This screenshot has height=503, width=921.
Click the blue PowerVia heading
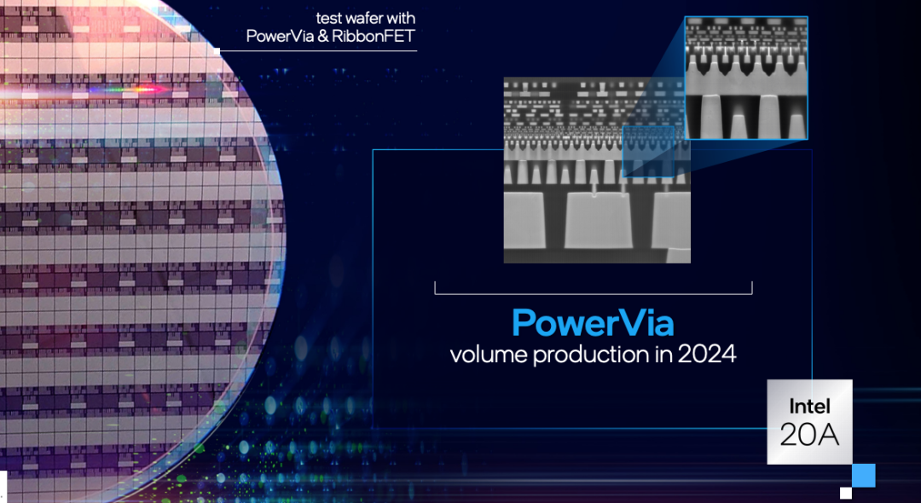593,322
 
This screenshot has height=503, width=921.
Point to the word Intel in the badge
809,406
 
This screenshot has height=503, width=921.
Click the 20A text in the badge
809,435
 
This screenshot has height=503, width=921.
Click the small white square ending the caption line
217,51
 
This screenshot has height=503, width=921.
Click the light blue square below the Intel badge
863,475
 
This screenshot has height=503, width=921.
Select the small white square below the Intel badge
846,493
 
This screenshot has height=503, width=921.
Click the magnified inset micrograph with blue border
746,78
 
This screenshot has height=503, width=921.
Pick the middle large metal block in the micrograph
599,220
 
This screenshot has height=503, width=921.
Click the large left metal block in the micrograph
525,219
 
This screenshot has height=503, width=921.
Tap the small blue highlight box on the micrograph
648,152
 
